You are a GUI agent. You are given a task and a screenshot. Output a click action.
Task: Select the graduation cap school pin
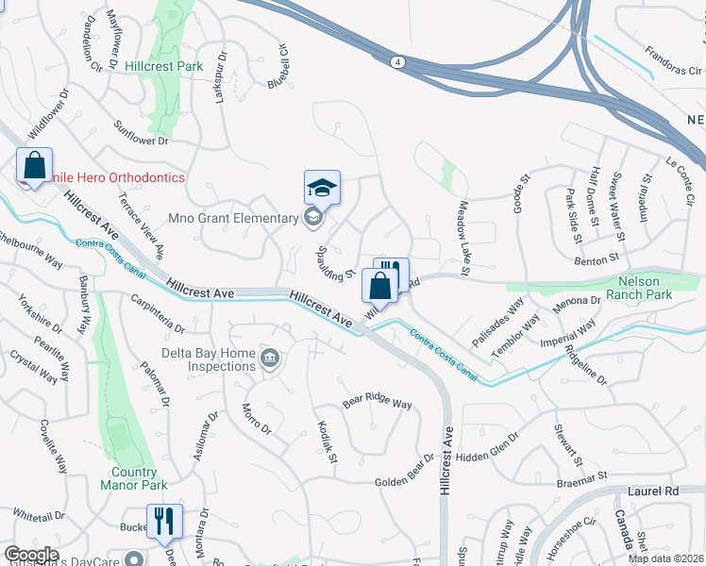pyautogui.click(x=322, y=188)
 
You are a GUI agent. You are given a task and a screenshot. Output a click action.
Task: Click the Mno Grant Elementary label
pyautogui.click(x=233, y=219)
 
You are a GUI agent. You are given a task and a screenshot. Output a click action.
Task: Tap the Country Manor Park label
pyautogui.click(x=133, y=478)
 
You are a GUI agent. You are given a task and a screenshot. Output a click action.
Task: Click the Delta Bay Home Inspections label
pyautogui.click(x=209, y=358)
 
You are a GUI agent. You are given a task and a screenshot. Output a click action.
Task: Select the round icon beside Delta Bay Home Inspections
pyautogui.click(x=270, y=358)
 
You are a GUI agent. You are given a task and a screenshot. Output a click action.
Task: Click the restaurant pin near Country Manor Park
pyautogui.click(x=166, y=520)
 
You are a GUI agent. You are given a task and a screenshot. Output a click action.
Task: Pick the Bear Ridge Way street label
pyautogui.click(x=378, y=402)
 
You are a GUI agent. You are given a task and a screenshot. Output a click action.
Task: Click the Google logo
pyautogui.click(x=31, y=554)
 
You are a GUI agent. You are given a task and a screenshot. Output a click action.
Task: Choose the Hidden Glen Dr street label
pyautogui.click(x=487, y=449)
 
